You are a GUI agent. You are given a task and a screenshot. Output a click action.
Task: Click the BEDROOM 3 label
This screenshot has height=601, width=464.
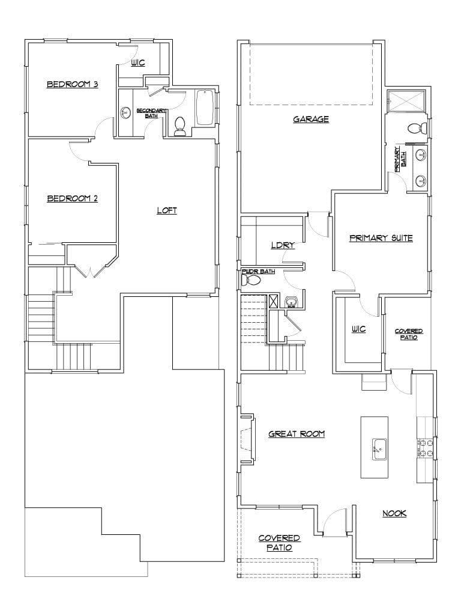click(x=73, y=85)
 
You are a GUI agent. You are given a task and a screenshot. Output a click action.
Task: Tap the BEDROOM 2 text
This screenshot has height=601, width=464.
click(x=72, y=198)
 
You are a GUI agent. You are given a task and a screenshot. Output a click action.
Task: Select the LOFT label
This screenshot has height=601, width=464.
click(x=167, y=210)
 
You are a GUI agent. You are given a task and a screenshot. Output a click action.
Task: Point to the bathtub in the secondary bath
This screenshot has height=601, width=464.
click(x=205, y=108)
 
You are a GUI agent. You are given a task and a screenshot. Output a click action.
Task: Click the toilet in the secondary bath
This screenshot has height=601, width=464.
click(x=179, y=125)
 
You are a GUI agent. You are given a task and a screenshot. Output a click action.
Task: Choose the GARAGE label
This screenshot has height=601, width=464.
click(x=311, y=119)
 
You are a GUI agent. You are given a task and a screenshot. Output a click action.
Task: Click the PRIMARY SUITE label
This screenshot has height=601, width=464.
click(x=381, y=238)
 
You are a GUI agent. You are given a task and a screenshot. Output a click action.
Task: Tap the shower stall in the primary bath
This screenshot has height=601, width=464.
click(x=406, y=102)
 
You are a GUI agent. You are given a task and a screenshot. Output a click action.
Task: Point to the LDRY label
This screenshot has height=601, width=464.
click(x=282, y=245)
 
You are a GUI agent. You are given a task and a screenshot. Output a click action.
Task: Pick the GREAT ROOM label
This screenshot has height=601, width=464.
click(x=297, y=433)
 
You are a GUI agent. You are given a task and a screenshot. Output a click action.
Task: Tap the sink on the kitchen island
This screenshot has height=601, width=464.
click(x=379, y=448)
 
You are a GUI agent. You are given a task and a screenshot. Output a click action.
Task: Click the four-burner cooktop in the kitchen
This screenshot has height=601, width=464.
click(x=426, y=448)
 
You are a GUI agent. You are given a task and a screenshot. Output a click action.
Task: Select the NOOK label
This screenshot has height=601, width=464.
click(x=394, y=513)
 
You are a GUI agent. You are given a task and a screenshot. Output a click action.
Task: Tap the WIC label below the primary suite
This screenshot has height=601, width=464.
click(x=358, y=329)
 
